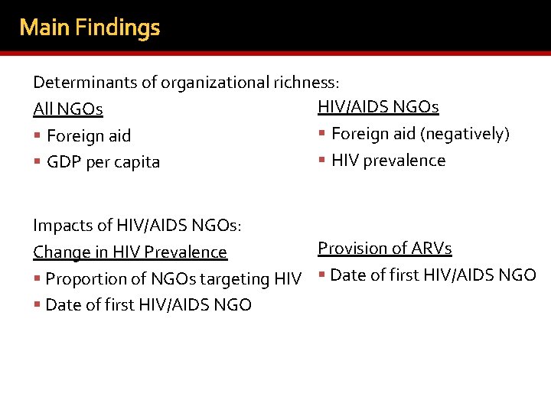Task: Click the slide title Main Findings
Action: [x=90, y=28]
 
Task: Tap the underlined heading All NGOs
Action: [x=68, y=109]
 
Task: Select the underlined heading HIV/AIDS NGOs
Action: [x=378, y=107]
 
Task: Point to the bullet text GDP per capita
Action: [x=103, y=162]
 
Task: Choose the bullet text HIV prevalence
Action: [x=388, y=161]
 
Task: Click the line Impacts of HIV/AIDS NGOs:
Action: [x=138, y=225]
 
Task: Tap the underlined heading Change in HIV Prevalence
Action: [x=130, y=252]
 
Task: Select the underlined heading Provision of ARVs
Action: [x=384, y=249]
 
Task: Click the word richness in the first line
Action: [x=304, y=82]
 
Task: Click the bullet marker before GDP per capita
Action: [x=37, y=162]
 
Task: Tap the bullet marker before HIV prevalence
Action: [x=322, y=161]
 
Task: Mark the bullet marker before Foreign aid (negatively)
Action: [x=322, y=134]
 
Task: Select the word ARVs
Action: [x=432, y=249]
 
